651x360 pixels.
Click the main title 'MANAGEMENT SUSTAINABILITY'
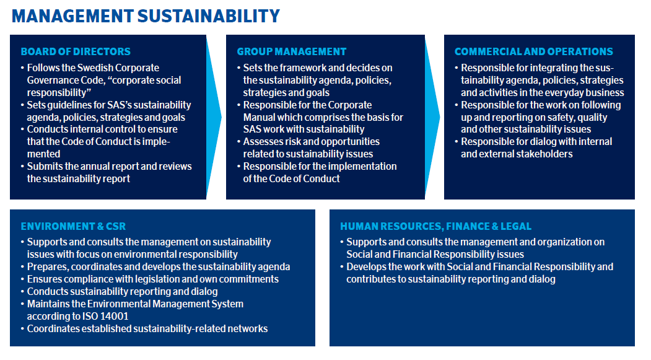click(x=146, y=16)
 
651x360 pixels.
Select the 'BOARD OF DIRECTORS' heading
click(x=76, y=51)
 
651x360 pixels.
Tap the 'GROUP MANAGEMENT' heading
click(x=292, y=51)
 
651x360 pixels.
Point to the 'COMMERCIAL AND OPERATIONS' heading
click(x=533, y=51)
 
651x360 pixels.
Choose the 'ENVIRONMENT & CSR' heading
click(x=73, y=226)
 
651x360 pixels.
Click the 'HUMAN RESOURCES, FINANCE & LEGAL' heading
click(x=435, y=226)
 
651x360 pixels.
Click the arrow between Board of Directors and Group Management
click(x=214, y=117)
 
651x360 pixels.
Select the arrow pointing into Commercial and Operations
click(x=432, y=117)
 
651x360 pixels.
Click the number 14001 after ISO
click(x=115, y=317)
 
